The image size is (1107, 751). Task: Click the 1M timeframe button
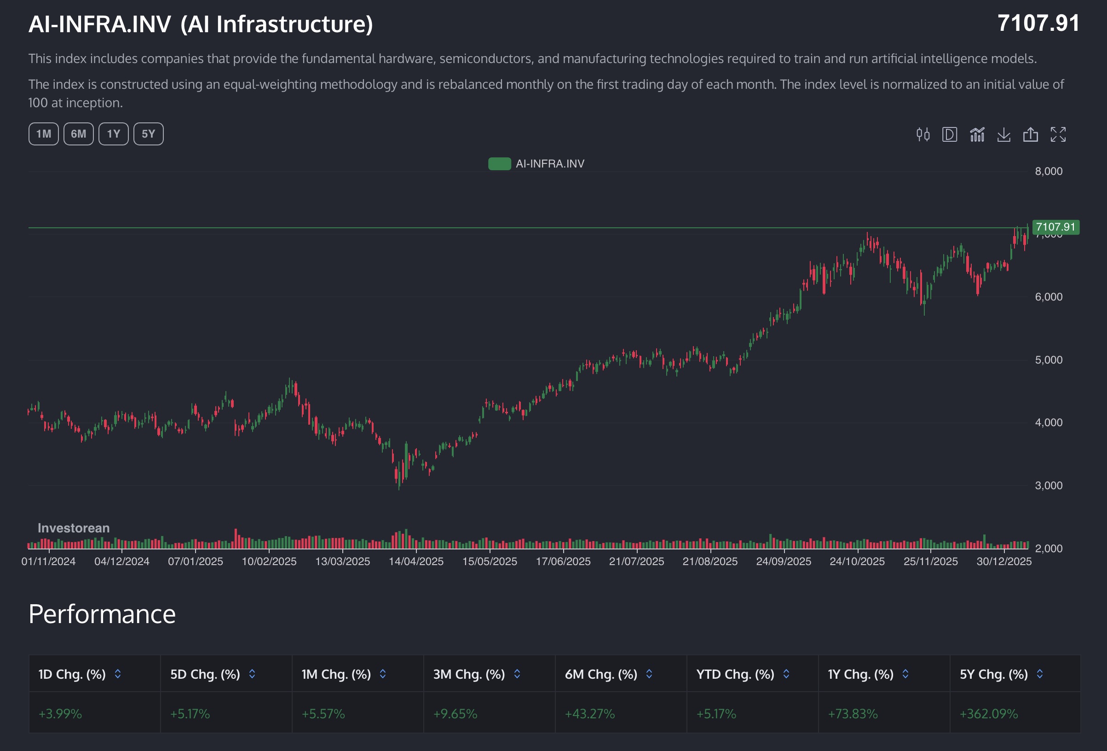click(x=43, y=134)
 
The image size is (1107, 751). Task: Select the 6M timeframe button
click(x=79, y=134)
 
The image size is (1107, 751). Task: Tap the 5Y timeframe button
click(x=148, y=134)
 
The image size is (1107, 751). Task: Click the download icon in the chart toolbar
click(x=1003, y=135)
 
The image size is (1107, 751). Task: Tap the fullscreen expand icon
click(x=1058, y=135)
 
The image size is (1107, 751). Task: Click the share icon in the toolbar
click(x=1030, y=135)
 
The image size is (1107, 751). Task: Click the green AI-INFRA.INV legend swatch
click(x=499, y=164)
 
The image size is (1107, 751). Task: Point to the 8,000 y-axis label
click(x=1048, y=172)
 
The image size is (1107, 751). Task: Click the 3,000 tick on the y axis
click(x=1048, y=485)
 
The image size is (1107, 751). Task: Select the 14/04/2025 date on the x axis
click(x=416, y=561)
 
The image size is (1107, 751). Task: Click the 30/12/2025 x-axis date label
click(x=1003, y=561)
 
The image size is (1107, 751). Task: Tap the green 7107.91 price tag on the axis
click(x=1055, y=227)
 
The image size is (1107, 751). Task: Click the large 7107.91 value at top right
click(x=1038, y=23)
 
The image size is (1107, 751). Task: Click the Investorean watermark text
click(x=73, y=528)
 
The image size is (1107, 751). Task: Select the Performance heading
click(x=102, y=614)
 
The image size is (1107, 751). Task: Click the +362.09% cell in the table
click(x=988, y=714)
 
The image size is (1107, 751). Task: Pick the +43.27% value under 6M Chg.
click(x=589, y=714)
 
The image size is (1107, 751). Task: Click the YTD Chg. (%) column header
click(x=734, y=674)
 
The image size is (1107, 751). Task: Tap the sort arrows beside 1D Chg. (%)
click(x=118, y=674)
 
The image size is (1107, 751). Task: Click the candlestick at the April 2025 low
click(x=399, y=477)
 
